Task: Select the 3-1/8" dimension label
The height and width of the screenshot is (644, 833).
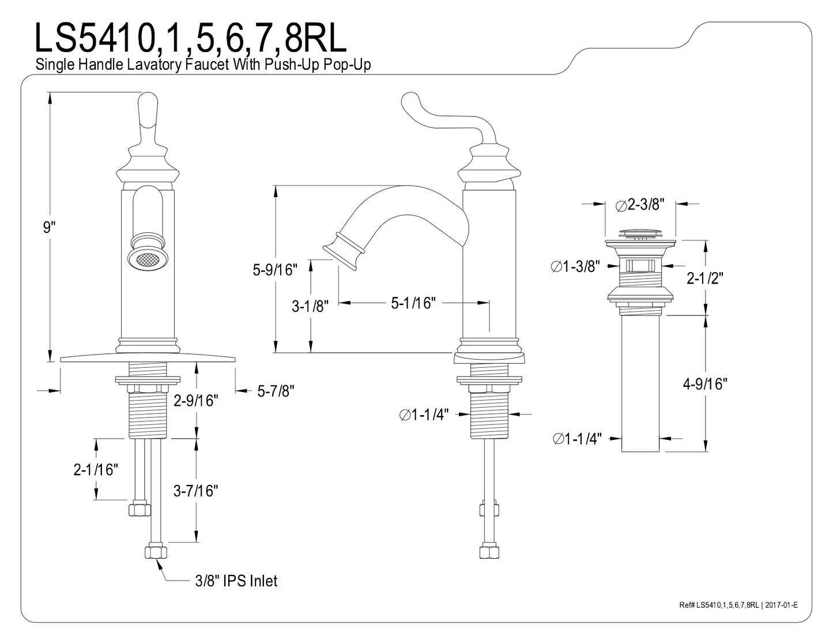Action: coord(310,306)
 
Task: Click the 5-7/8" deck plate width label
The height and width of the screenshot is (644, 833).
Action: coord(276,391)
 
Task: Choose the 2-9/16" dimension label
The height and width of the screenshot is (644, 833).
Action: coord(196,400)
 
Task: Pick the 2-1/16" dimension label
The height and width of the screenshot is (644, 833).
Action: coord(96,470)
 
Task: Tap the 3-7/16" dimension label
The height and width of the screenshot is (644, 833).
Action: coord(196,491)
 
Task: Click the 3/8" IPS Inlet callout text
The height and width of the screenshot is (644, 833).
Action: coord(235,581)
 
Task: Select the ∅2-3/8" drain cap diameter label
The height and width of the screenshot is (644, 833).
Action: coord(640,204)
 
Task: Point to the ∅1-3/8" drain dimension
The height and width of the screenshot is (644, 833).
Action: coord(575,266)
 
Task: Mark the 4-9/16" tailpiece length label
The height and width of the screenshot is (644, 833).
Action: coord(705,383)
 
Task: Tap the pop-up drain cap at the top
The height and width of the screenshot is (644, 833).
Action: coord(640,234)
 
